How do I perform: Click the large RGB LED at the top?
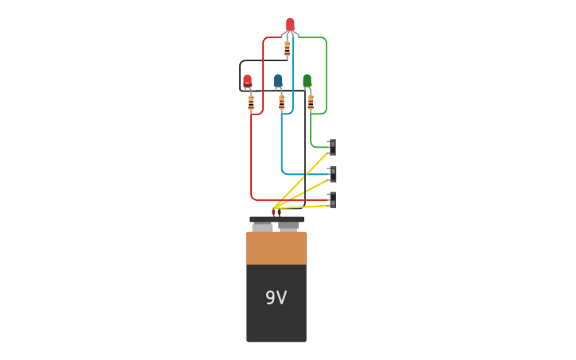[290, 25]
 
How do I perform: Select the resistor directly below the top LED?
[287, 49]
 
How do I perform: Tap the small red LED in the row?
[247, 80]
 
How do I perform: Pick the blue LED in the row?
[278, 80]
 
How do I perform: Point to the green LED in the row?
[307, 80]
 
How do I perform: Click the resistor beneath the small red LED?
[251, 103]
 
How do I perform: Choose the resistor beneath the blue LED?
[281, 103]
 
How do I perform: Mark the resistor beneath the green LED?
[311, 103]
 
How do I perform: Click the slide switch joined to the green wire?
[332, 147]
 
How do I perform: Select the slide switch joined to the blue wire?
[332, 174]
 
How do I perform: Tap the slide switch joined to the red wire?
[332, 199]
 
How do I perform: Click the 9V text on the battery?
[276, 298]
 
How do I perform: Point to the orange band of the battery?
[276, 248]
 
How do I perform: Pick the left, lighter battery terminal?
[262, 226]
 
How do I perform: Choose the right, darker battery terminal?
[288, 226]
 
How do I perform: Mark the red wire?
[252, 159]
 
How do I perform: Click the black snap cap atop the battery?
[276, 219]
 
